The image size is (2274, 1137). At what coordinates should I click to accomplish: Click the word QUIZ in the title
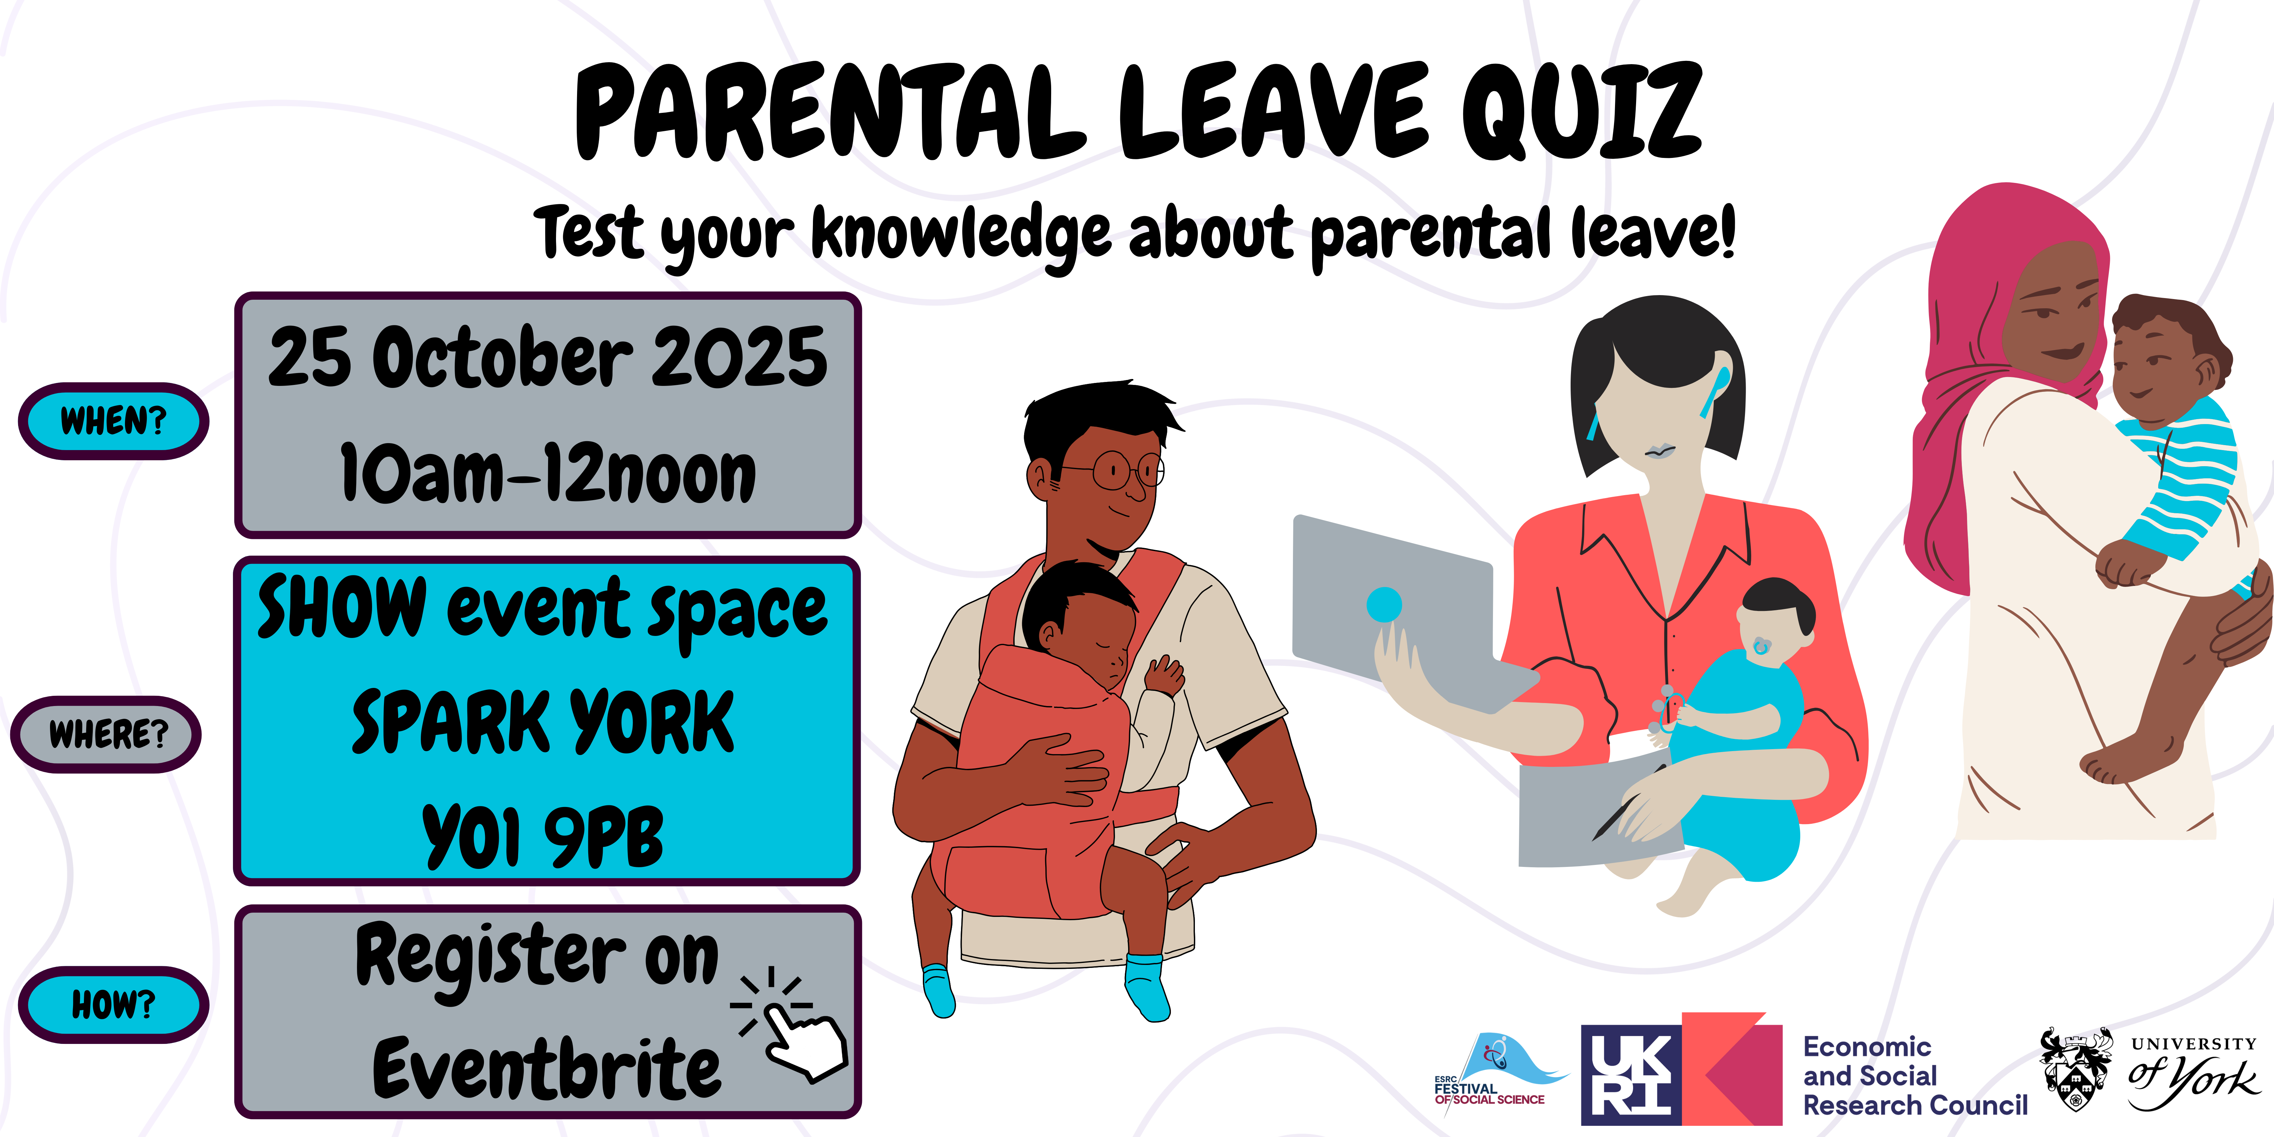[1580, 112]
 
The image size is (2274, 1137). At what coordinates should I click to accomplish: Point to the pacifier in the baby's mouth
[1761, 647]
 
